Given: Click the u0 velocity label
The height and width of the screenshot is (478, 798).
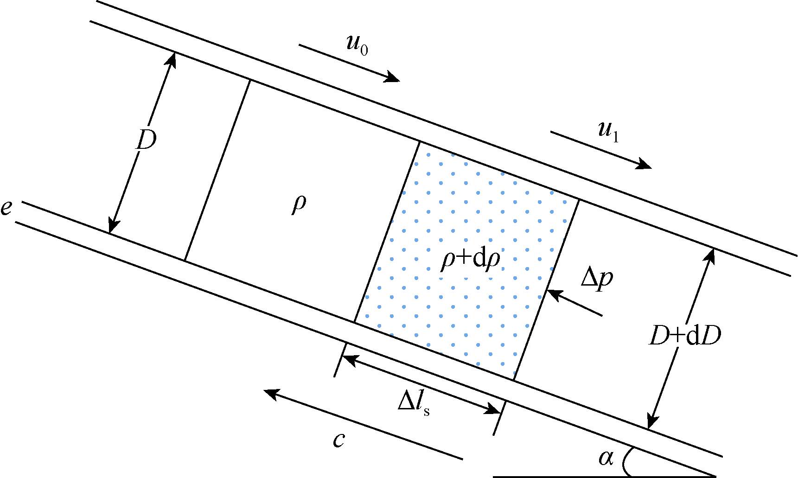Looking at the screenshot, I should [357, 45].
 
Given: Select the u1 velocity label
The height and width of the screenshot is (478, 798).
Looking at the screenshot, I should [608, 132].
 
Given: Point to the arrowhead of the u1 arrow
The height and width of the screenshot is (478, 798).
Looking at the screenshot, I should [645, 166].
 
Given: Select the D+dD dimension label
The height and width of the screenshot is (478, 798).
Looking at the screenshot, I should [685, 336].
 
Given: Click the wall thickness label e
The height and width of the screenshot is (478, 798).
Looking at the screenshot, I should [6, 208].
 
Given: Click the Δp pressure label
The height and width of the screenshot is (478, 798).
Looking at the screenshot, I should [597, 279].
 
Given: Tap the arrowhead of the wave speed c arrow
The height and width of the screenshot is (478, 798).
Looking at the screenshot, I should [269, 393].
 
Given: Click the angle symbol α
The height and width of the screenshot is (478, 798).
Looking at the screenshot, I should [606, 458].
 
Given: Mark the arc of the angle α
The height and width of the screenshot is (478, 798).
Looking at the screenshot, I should [625, 462].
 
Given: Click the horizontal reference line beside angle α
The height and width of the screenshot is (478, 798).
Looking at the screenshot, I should [556, 476].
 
